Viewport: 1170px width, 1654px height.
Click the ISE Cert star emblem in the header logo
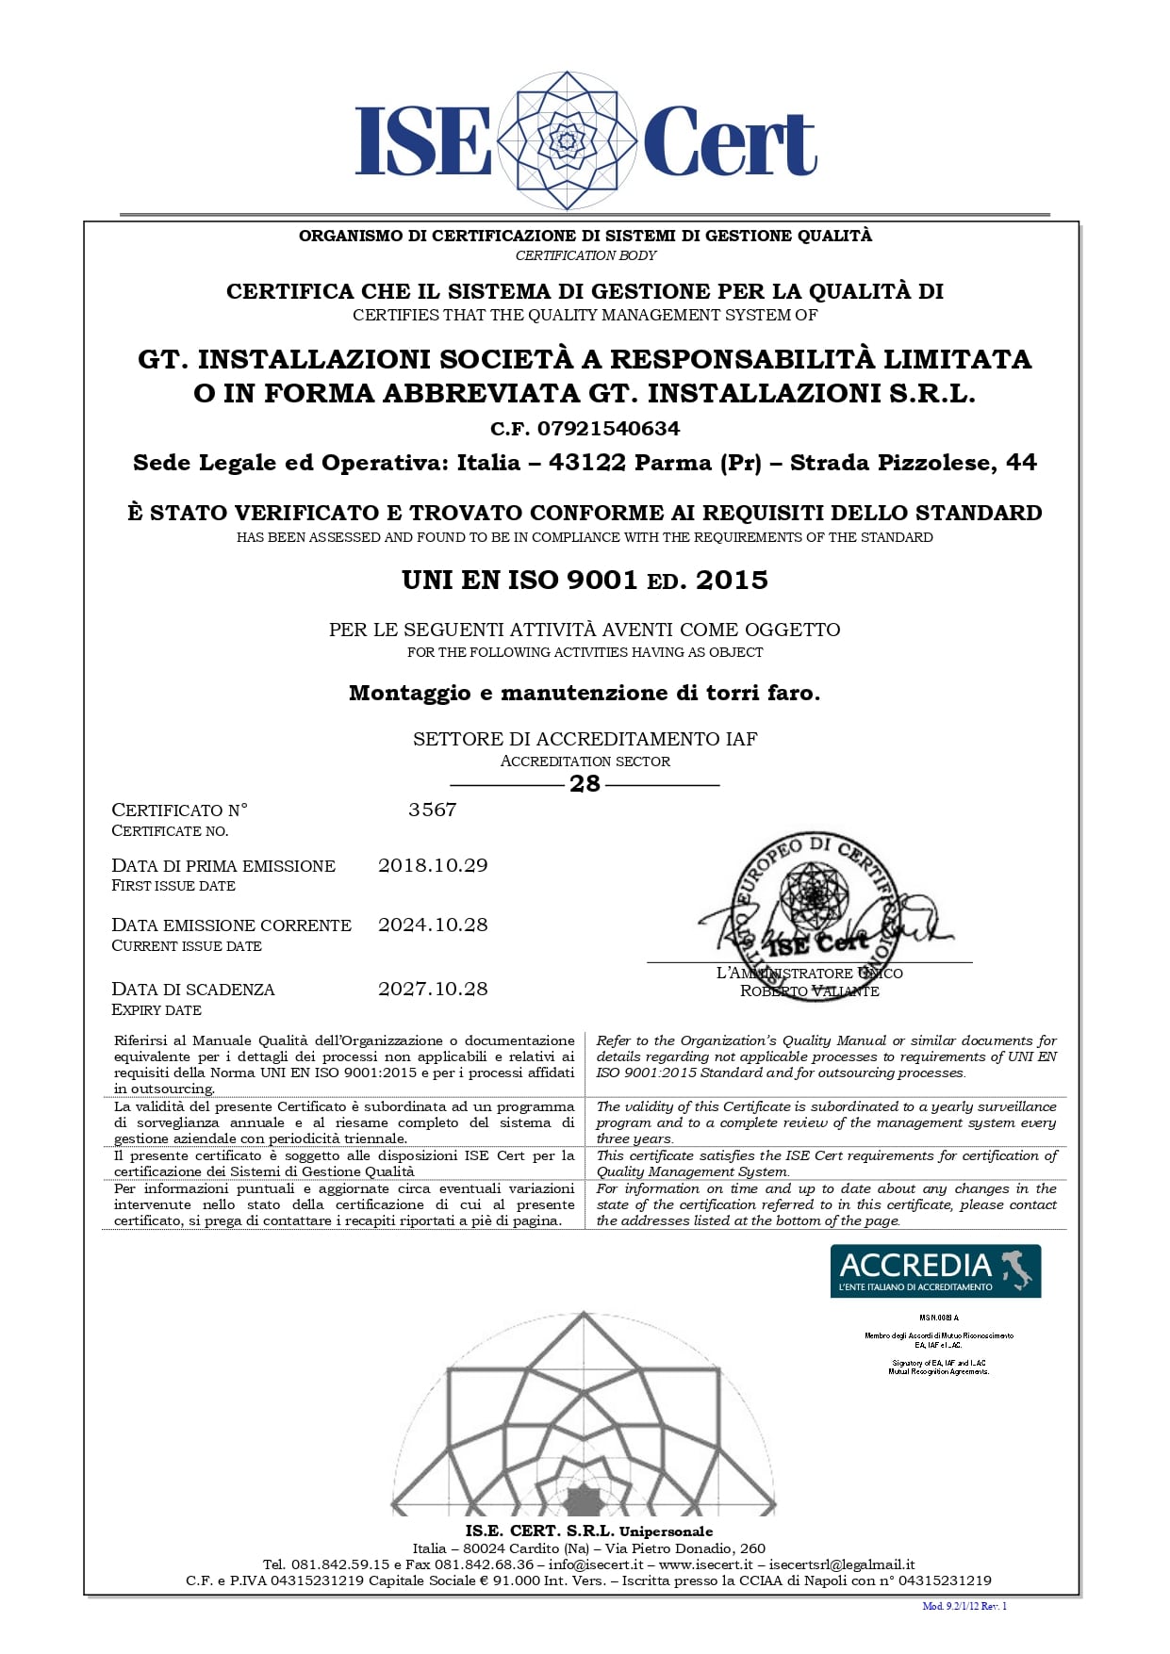click(x=567, y=140)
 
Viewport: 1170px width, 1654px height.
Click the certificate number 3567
click(x=433, y=810)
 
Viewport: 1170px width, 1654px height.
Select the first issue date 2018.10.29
click(x=433, y=865)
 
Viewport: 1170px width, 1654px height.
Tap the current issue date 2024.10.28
click(x=433, y=925)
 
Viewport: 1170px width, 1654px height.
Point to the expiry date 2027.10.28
click(x=433, y=989)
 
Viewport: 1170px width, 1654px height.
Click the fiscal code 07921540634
click(x=608, y=429)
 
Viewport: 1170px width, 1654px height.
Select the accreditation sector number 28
click(x=585, y=784)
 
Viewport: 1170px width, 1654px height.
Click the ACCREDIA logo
click(x=935, y=1270)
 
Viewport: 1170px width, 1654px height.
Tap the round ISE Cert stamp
click(x=811, y=897)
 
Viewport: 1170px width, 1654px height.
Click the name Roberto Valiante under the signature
click(x=810, y=991)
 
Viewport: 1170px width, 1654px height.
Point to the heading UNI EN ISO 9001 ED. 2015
click(x=585, y=580)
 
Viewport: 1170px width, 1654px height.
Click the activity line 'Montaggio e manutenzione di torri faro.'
click(x=585, y=693)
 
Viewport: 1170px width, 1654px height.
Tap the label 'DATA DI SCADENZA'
click(x=193, y=989)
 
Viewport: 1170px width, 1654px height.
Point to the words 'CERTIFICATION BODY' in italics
click(x=585, y=255)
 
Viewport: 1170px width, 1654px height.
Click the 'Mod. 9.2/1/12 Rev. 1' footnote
click(x=964, y=1606)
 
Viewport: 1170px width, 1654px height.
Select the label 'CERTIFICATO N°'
click(x=180, y=810)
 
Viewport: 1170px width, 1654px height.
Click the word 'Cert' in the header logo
click(x=729, y=141)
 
